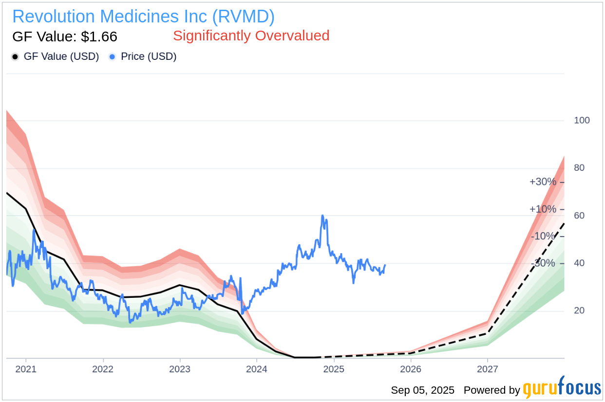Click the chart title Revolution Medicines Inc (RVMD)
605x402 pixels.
(x=143, y=17)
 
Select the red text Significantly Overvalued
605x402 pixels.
(x=251, y=36)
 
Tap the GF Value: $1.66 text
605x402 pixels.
(x=65, y=37)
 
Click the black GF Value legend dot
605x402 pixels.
(x=15, y=57)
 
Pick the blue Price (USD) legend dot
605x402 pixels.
(x=113, y=57)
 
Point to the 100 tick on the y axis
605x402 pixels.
(x=582, y=120)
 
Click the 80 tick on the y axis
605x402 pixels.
(x=579, y=168)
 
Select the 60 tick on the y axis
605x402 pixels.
(x=579, y=216)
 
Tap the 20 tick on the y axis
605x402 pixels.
(x=579, y=311)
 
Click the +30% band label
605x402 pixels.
(x=543, y=182)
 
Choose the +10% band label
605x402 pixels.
(x=543, y=209)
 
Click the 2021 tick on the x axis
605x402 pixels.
(x=26, y=369)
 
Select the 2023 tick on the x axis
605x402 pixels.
(x=180, y=369)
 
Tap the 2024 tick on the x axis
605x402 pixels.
(x=257, y=369)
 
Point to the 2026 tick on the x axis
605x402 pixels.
(x=411, y=369)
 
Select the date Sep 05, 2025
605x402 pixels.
(x=422, y=390)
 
